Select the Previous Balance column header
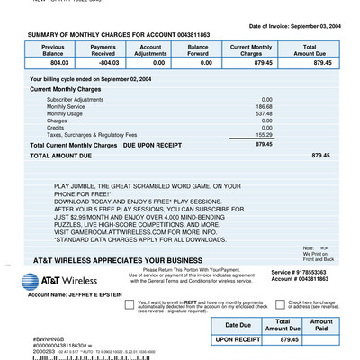tap(52, 49)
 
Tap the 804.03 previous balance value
tap(58, 64)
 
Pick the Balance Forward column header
tap(198, 49)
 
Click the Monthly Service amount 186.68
tap(265, 106)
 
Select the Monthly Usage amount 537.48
tap(265, 113)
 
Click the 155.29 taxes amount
tap(265, 135)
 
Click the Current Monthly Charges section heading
tap(65, 90)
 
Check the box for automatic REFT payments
tap(130, 305)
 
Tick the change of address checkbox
tap(279, 305)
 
